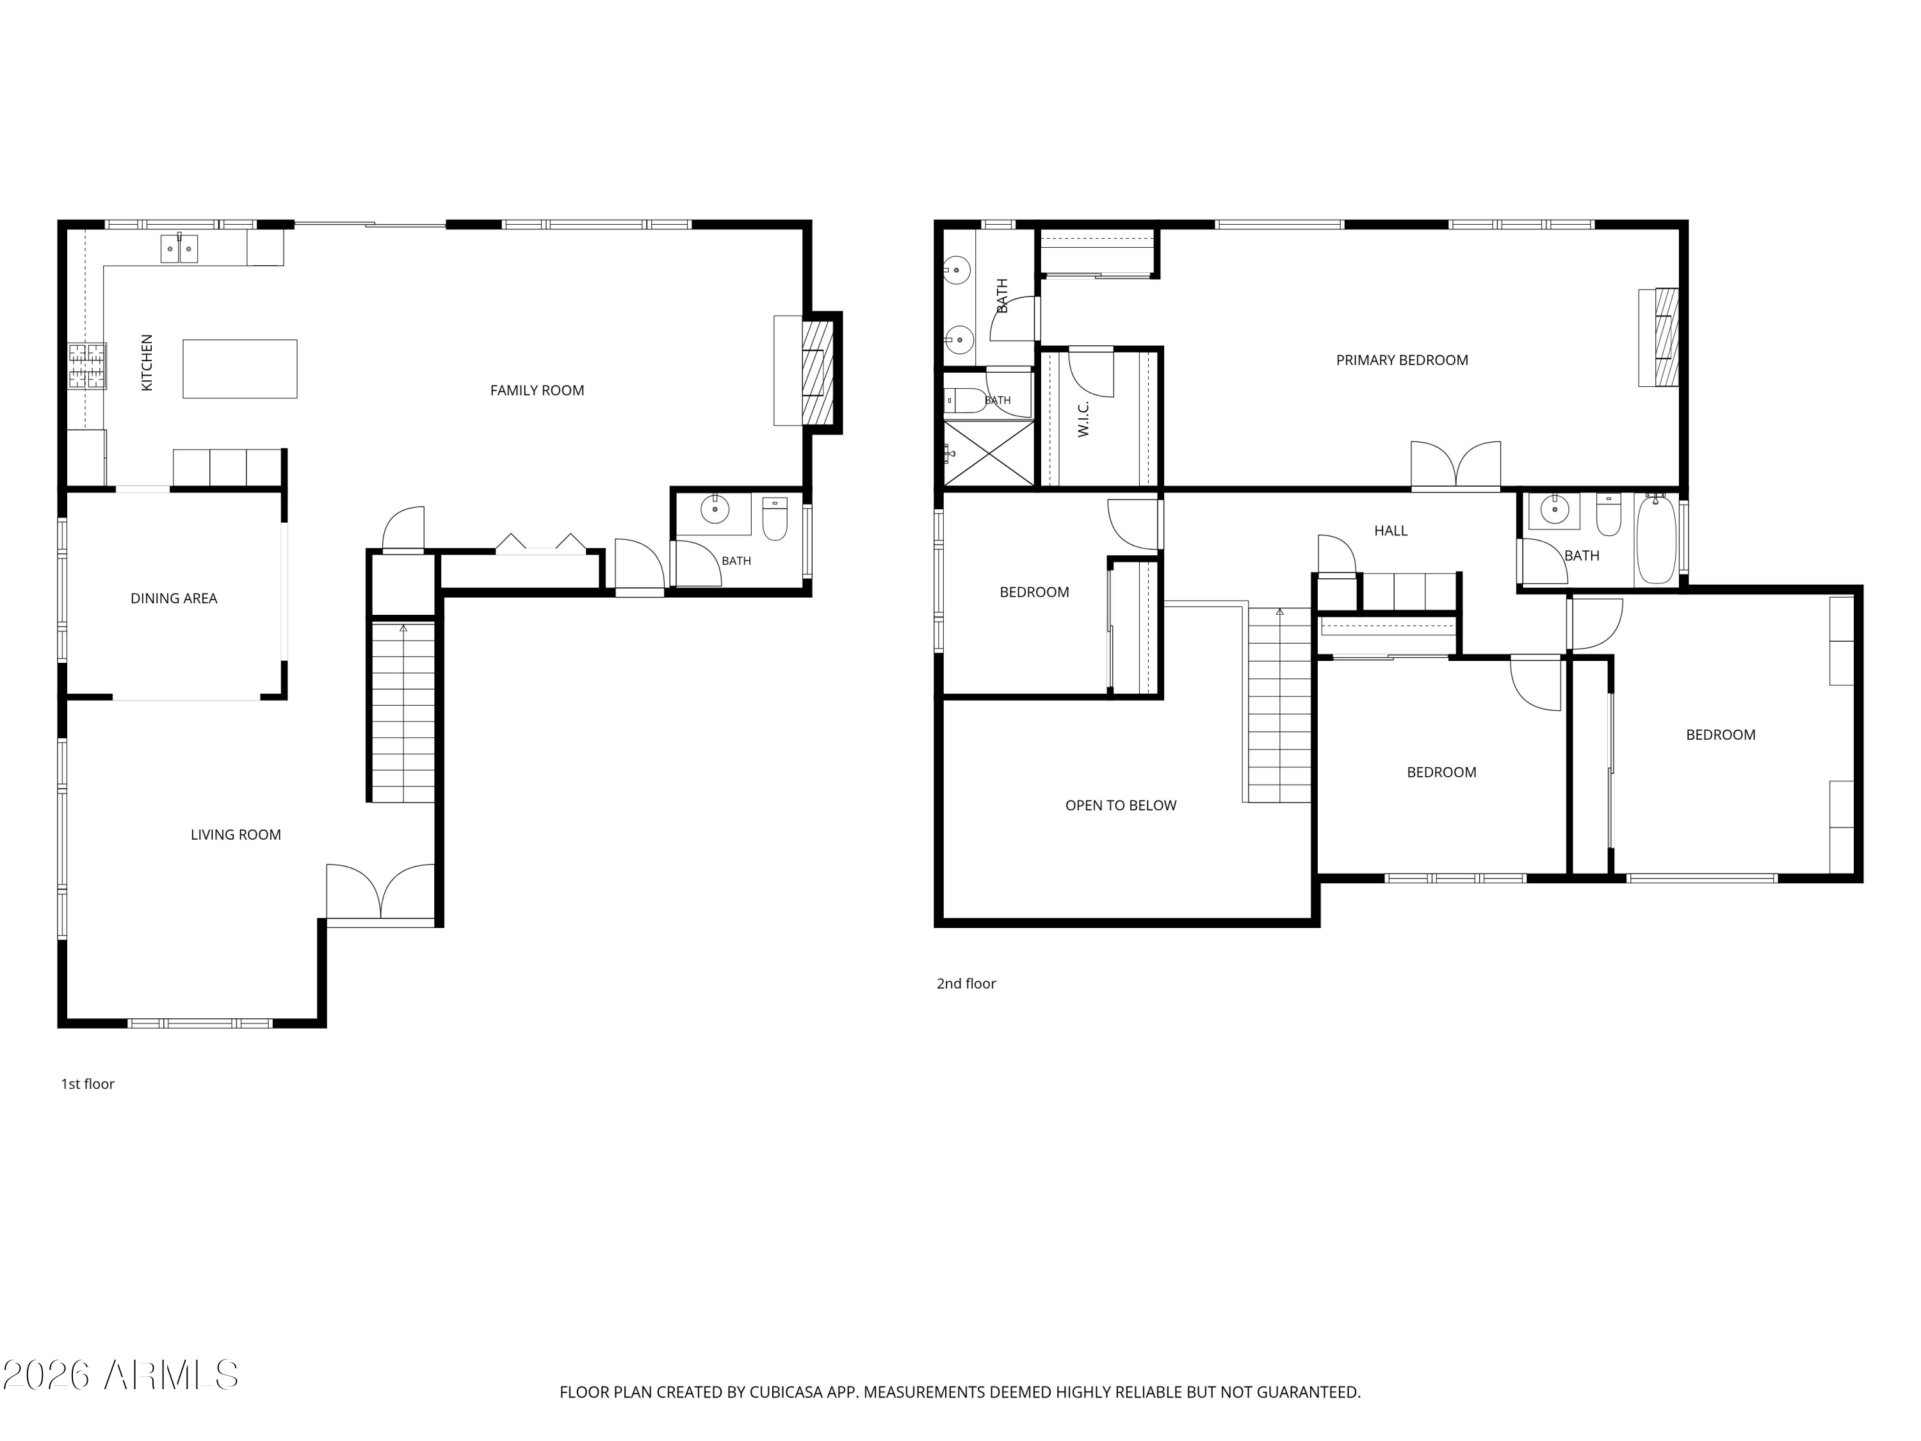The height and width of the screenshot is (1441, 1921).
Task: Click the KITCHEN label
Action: click(147, 362)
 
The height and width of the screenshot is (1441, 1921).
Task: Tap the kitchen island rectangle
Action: click(239, 368)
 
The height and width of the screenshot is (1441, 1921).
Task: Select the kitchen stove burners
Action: click(88, 366)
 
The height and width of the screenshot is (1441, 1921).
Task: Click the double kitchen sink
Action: click(179, 248)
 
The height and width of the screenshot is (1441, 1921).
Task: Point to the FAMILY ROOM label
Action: click(537, 391)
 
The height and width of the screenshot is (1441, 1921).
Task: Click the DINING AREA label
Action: click(174, 598)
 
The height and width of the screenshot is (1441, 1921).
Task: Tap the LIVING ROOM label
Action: click(236, 834)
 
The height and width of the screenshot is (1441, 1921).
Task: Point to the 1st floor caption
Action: click(88, 1084)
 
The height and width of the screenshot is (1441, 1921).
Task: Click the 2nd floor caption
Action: click(966, 984)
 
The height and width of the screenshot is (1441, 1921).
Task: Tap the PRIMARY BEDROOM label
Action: click(1402, 361)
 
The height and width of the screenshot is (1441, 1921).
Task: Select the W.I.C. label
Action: click(1083, 419)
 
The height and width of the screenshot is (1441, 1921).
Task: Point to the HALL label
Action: click(1390, 531)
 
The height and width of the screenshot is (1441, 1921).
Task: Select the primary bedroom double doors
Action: click(1455, 466)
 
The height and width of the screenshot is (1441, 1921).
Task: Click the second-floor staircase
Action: click(1279, 704)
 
